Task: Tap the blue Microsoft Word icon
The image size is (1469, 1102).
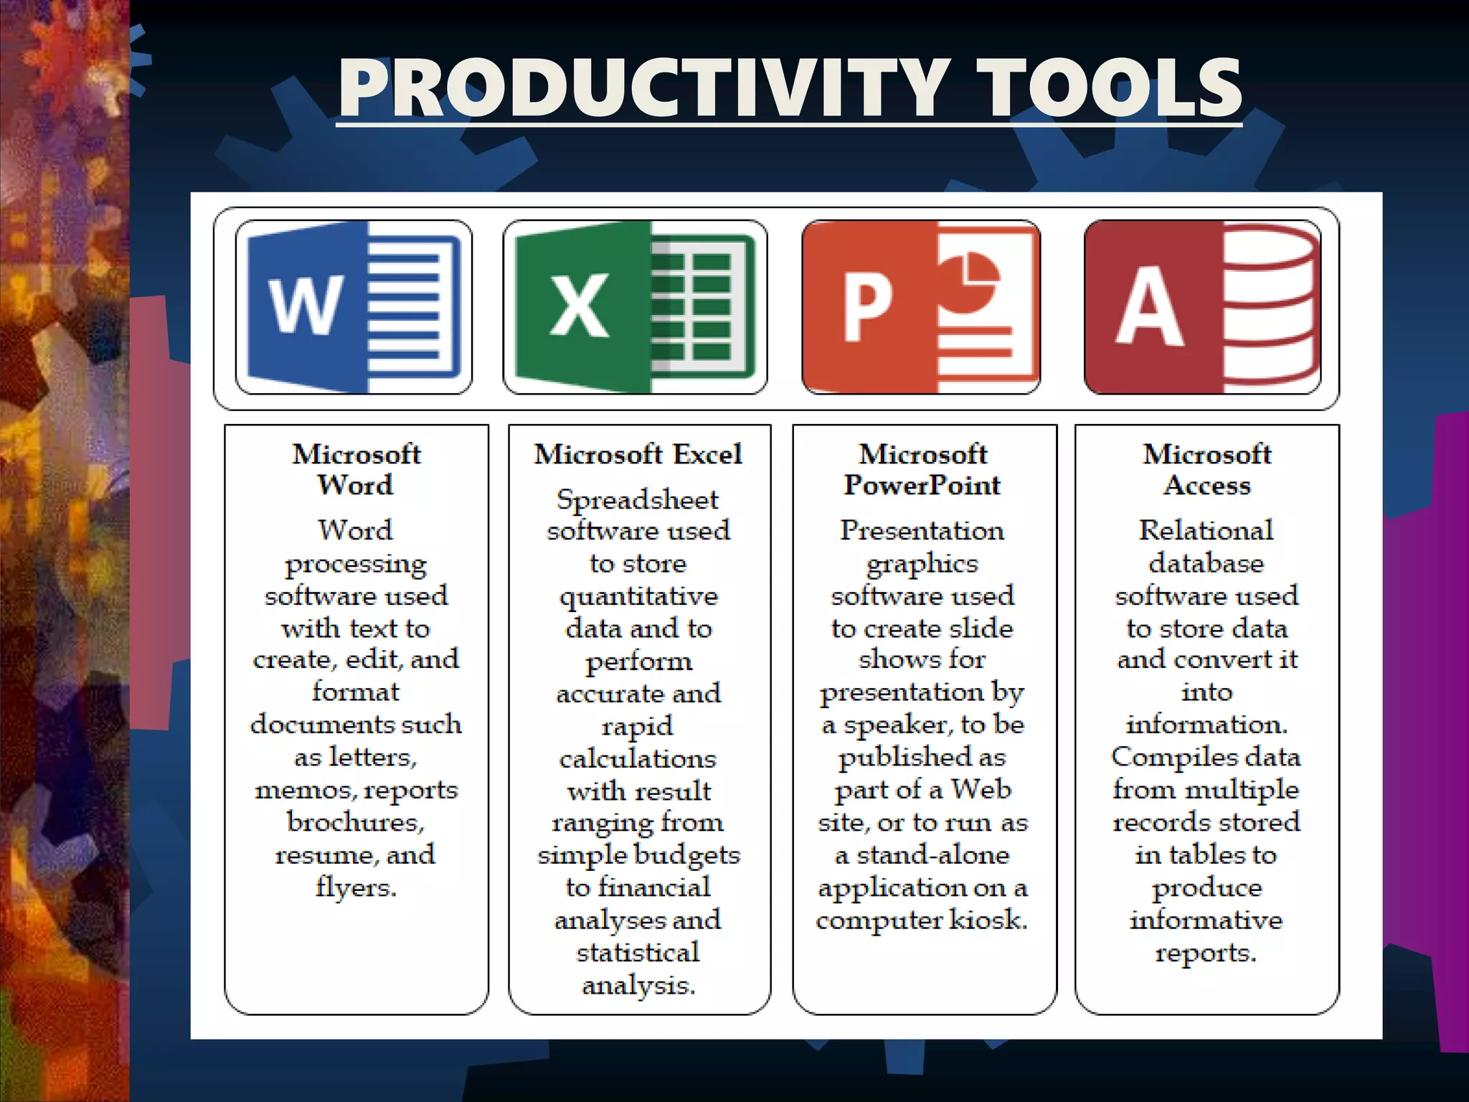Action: click(354, 307)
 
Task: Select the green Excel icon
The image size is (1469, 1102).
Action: click(635, 307)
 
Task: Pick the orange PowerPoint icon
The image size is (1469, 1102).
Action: click(921, 307)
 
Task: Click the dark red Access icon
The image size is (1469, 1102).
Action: click(1202, 307)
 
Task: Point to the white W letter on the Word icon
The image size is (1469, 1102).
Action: click(305, 306)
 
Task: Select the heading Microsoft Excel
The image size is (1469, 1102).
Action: click(638, 454)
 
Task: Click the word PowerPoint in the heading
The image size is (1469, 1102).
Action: click(922, 485)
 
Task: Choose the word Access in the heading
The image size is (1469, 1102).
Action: click(1206, 485)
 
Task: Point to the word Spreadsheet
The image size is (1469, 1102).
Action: click(638, 499)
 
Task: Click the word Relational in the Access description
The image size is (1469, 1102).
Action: click(1206, 530)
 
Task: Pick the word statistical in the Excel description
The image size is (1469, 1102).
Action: click(638, 953)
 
